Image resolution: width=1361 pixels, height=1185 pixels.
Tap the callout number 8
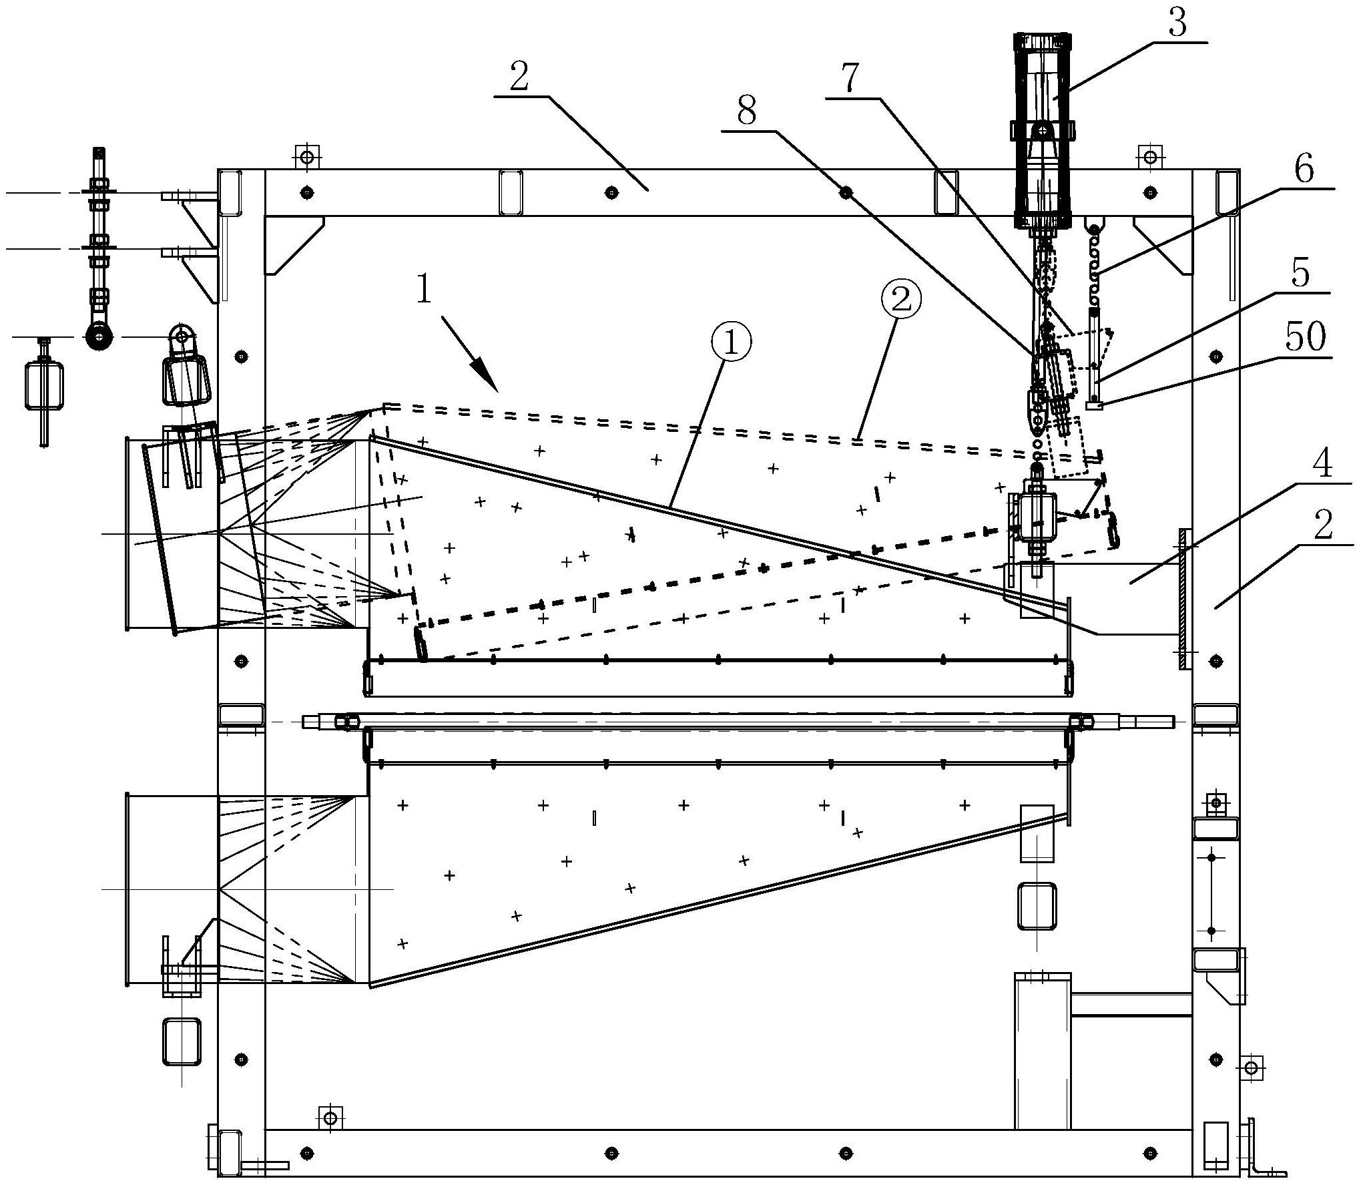(747, 111)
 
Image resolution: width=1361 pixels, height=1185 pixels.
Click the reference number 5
(1300, 273)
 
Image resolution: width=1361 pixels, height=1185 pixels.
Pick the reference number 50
(1306, 337)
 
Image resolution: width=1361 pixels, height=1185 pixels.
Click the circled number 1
(730, 343)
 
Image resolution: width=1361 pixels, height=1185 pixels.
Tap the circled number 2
(900, 301)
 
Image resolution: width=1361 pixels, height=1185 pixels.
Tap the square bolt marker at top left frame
(306, 158)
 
